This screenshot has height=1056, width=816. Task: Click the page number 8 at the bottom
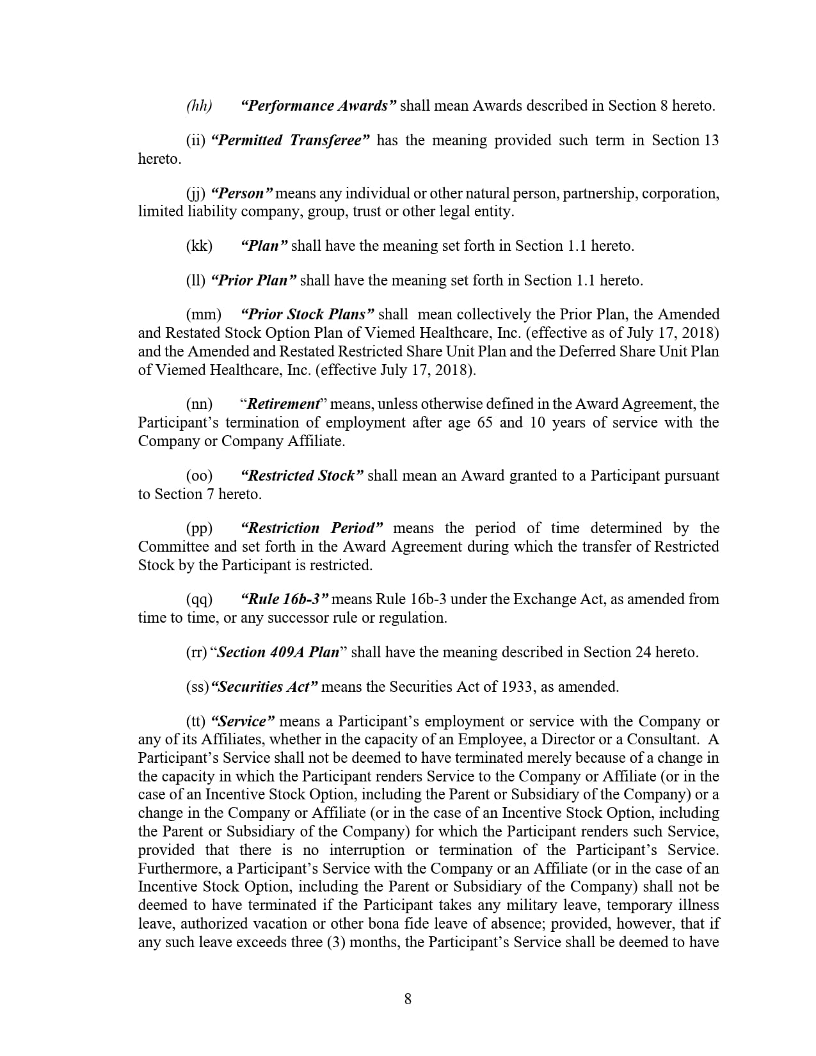408,998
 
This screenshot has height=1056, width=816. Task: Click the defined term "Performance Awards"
319,106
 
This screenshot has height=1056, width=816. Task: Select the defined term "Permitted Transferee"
290,140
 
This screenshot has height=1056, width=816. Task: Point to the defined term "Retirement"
283,404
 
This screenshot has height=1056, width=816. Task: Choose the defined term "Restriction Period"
312,528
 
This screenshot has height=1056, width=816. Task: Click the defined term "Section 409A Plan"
278,652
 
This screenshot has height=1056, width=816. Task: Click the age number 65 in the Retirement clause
484,422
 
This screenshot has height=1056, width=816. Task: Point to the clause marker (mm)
204,314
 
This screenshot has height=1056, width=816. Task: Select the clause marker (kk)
199,246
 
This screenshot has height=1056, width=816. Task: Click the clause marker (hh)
199,106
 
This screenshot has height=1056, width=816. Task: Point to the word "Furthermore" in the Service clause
177,868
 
